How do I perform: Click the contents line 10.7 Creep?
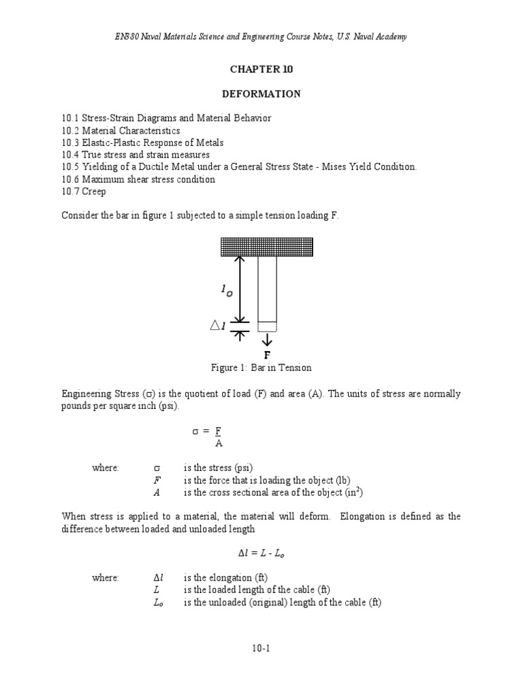point(84,192)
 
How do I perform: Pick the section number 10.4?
point(71,155)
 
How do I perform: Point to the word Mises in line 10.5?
point(322,167)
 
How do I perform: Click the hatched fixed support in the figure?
point(266,247)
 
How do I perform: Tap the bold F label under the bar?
point(267,355)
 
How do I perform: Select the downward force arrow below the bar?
point(267,339)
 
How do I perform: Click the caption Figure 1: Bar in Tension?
point(261,368)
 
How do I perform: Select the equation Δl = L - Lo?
point(261,553)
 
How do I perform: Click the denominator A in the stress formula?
point(218,444)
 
